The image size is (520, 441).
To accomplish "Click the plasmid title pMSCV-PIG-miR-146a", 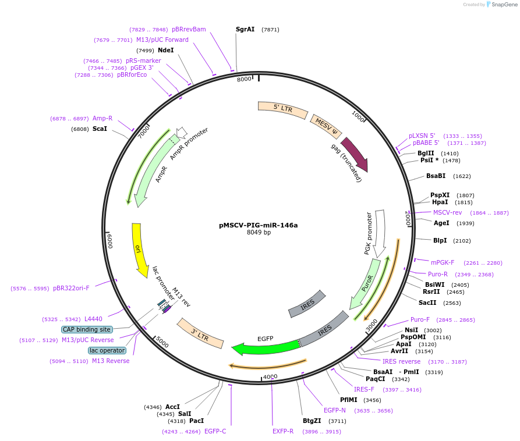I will click(x=259, y=225).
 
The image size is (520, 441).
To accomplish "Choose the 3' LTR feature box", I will click(x=201, y=333).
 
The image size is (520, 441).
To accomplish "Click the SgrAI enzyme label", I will click(x=245, y=29).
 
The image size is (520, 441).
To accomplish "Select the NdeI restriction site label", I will click(x=166, y=50).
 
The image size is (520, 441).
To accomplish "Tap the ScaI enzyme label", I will click(x=100, y=129).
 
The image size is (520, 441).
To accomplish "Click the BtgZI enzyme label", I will click(x=312, y=421).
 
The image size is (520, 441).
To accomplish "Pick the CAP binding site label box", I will click(x=87, y=329).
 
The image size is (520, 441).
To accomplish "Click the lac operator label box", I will click(x=107, y=350).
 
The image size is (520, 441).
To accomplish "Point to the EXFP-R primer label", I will click(x=283, y=431).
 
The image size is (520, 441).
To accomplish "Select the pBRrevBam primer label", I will click(x=189, y=29).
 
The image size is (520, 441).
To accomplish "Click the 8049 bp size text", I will click(x=259, y=233).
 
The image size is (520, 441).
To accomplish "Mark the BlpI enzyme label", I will click(x=440, y=240).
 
